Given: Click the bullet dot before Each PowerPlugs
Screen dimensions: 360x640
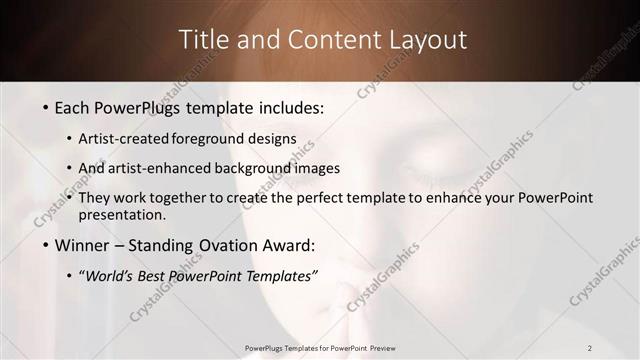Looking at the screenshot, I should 45,107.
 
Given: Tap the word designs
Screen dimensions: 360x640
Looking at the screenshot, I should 270,139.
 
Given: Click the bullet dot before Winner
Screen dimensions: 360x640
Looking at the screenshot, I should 45,245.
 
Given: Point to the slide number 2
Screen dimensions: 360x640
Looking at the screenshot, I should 590,347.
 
